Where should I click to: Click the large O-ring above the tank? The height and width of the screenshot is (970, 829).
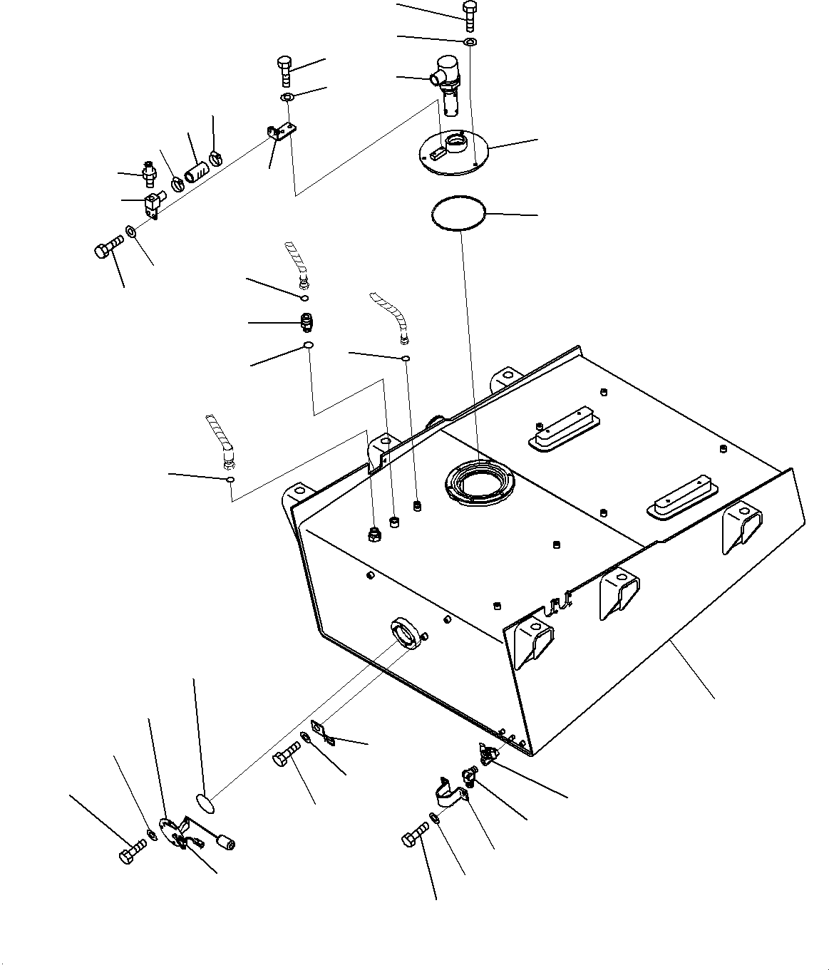(x=458, y=213)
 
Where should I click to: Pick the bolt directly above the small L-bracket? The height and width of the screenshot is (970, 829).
(x=283, y=71)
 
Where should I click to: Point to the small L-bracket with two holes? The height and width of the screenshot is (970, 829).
(x=282, y=133)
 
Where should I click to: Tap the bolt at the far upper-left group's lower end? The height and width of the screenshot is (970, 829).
(x=107, y=249)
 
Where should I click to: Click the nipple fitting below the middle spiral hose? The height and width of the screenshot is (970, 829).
(x=306, y=323)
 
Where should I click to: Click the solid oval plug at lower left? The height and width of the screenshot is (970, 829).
(x=205, y=805)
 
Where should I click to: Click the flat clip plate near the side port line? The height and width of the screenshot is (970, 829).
(x=325, y=734)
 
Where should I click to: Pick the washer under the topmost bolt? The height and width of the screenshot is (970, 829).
(x=470, y=43)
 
